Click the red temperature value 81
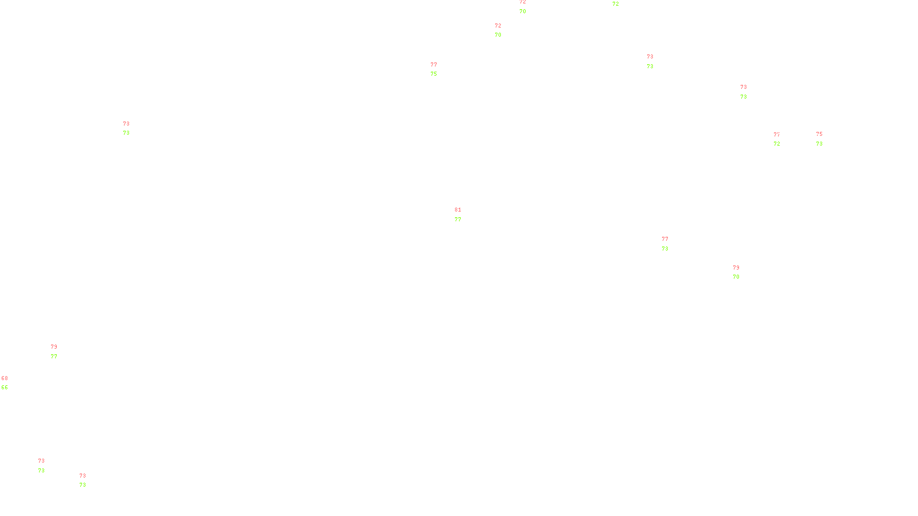click(x=458, y=210)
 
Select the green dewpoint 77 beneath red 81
click(x=458, y=220)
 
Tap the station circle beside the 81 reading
click(x=464, y=214)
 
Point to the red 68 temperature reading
click(x=5, y=378)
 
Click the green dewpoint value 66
click(x=5, y=388)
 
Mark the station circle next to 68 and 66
click(x=10, y=383)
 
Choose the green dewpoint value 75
click(x=434, y=74)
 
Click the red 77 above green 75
click(x=434, y=65)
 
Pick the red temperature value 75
click(x=819, y=134)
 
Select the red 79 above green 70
click(x=736, y=268)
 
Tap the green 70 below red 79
click(x=736, y=277)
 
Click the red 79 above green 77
click(x=54, y=347)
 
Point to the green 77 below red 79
click(x=54, y=357)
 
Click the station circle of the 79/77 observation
click(x=59, y=352)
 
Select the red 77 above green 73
click(x=665, y=239)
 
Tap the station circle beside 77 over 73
click(x=670, y=244)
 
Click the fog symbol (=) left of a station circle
click(x=651, y=61)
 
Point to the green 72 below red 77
click(x=777, y=144)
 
